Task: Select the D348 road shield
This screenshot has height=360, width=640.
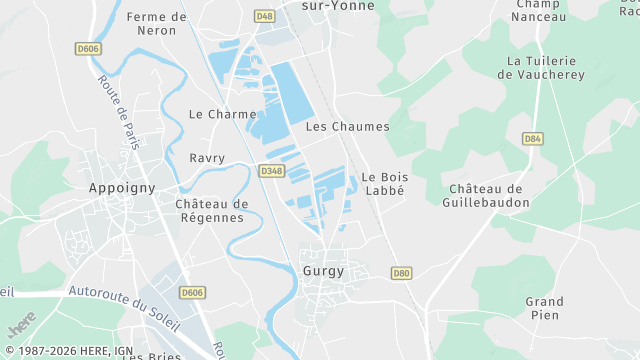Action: click(271, 171)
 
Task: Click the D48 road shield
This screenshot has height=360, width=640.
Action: click(264, 16)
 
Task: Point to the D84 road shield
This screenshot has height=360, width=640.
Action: click(532, 138)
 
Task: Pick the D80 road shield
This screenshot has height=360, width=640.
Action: click(402, 272)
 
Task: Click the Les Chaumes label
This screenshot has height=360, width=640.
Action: click(347, 127)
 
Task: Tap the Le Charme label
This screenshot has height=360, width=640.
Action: click(223, 114)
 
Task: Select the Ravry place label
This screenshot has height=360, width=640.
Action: click(207, 158)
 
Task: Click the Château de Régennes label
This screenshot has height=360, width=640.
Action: click(211, 211)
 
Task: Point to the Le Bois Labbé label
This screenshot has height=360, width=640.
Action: click(384, 184)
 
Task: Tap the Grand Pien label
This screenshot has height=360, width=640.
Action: click(544, 308)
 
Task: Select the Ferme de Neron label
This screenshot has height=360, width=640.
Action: click(157, 23)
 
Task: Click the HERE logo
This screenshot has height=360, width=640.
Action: click(20, 324)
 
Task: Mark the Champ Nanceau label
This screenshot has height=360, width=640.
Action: click(540, 10)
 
